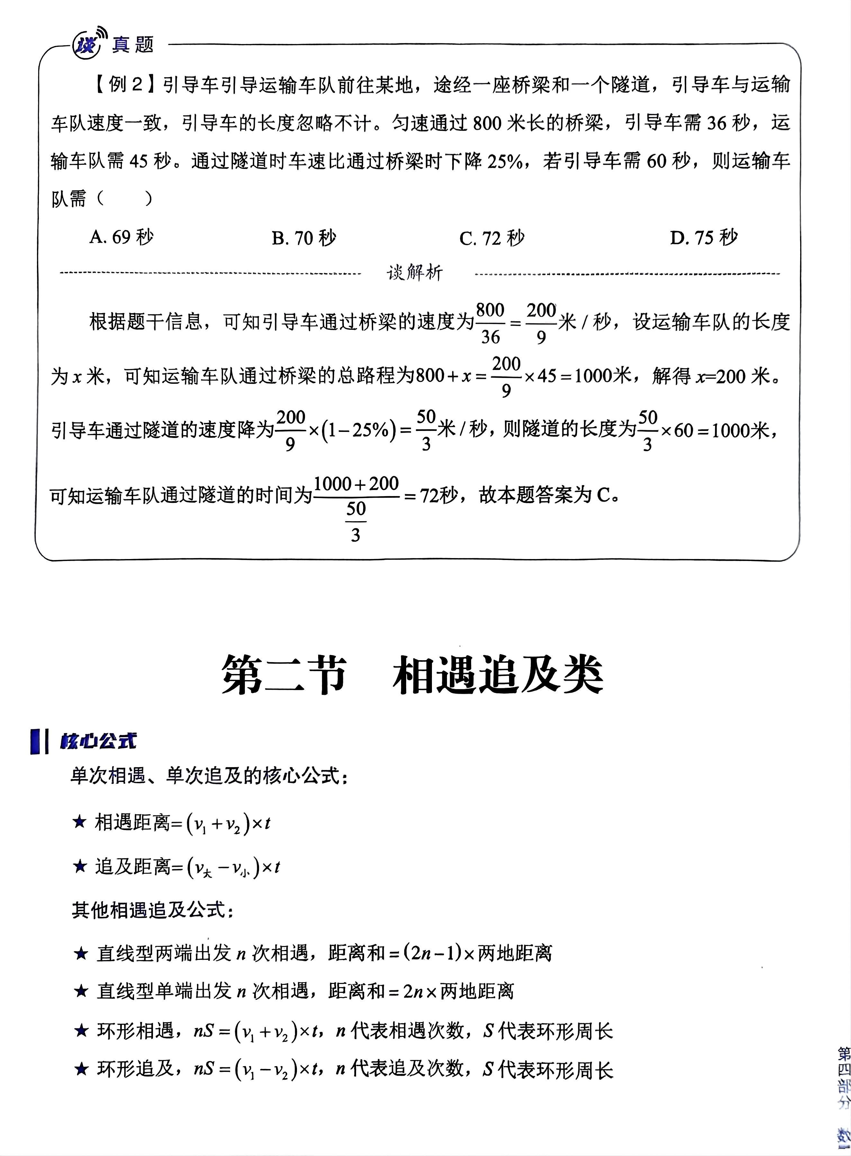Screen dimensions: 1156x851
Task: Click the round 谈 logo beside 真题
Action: [85, 45]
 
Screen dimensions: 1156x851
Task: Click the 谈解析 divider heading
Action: [415, 273]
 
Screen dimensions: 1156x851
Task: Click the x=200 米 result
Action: [737, 376]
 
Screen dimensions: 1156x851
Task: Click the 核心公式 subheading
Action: [98, 741]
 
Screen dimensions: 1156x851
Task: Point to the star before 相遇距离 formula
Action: [80, 822]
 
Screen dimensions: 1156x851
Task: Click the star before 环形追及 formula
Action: [81, 1070]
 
